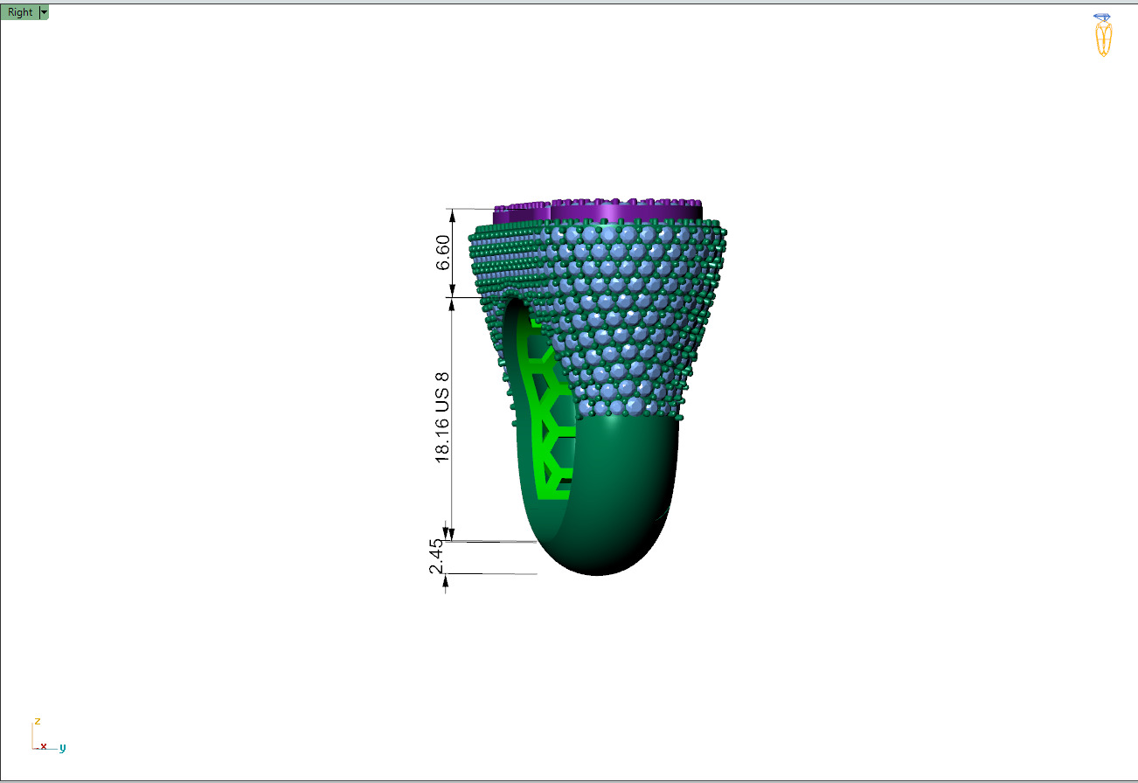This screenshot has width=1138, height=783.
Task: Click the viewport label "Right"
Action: [x=20, y=12]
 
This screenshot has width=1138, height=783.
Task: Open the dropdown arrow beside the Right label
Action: [x=44, y=12]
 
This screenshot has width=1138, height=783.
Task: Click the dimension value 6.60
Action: [x=443, y=253]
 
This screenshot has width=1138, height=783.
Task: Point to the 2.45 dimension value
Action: [x=436, y=558]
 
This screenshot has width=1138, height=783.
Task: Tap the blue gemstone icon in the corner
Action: [x=1102, y=17]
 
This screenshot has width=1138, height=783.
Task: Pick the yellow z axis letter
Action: [x=37, y=721]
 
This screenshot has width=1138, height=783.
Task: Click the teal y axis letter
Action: [x=63, y=748]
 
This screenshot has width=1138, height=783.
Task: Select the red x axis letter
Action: [x=43, y=745]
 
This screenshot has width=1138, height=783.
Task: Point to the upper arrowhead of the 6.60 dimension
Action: [x=452, y=214]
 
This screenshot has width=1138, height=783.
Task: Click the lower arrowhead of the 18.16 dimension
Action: [x=451, y=534]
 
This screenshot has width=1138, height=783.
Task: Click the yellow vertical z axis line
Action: [x=33, y=736]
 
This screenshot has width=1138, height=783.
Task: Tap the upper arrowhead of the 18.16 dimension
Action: [x=451, y=303]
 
